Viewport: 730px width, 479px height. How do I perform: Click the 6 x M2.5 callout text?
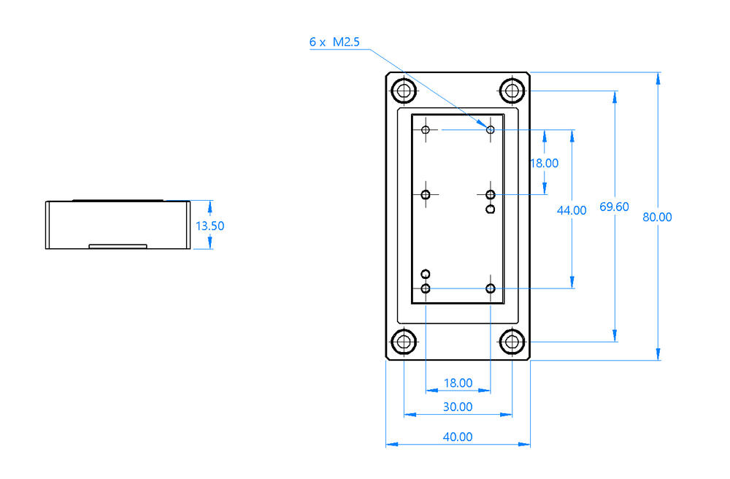(334, 42)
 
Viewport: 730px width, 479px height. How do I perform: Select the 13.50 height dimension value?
(210, 226)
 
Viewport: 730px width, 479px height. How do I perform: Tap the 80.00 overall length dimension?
(657, 217)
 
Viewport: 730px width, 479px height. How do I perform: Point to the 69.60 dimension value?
(614, 207)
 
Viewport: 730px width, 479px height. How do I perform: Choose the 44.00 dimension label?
(572, 210)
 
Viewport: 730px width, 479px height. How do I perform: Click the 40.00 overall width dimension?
(458, 437)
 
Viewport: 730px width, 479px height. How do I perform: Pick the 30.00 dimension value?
(458, 407)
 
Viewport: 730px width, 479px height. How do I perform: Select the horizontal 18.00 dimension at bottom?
(458, 383)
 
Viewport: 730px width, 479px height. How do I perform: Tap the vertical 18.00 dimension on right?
(545, 163)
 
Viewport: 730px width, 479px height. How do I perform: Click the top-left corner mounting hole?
(404, 91)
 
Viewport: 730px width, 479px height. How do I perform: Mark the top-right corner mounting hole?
(512, 91)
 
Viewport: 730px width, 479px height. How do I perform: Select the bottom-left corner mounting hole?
(404, 342)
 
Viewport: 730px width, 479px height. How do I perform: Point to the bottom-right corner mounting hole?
(512, 342)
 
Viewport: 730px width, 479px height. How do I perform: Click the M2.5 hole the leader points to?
(491, 130)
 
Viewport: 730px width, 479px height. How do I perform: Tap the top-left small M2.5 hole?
(426, 130)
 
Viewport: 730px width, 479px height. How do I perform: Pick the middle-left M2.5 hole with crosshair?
(426, 194)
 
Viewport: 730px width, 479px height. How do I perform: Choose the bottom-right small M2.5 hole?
(491, 288)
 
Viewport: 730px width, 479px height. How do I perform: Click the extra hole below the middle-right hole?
(491, 209)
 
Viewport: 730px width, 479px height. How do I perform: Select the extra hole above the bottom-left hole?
(426, 274)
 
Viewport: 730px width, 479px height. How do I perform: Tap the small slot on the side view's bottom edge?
(118, 246)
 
